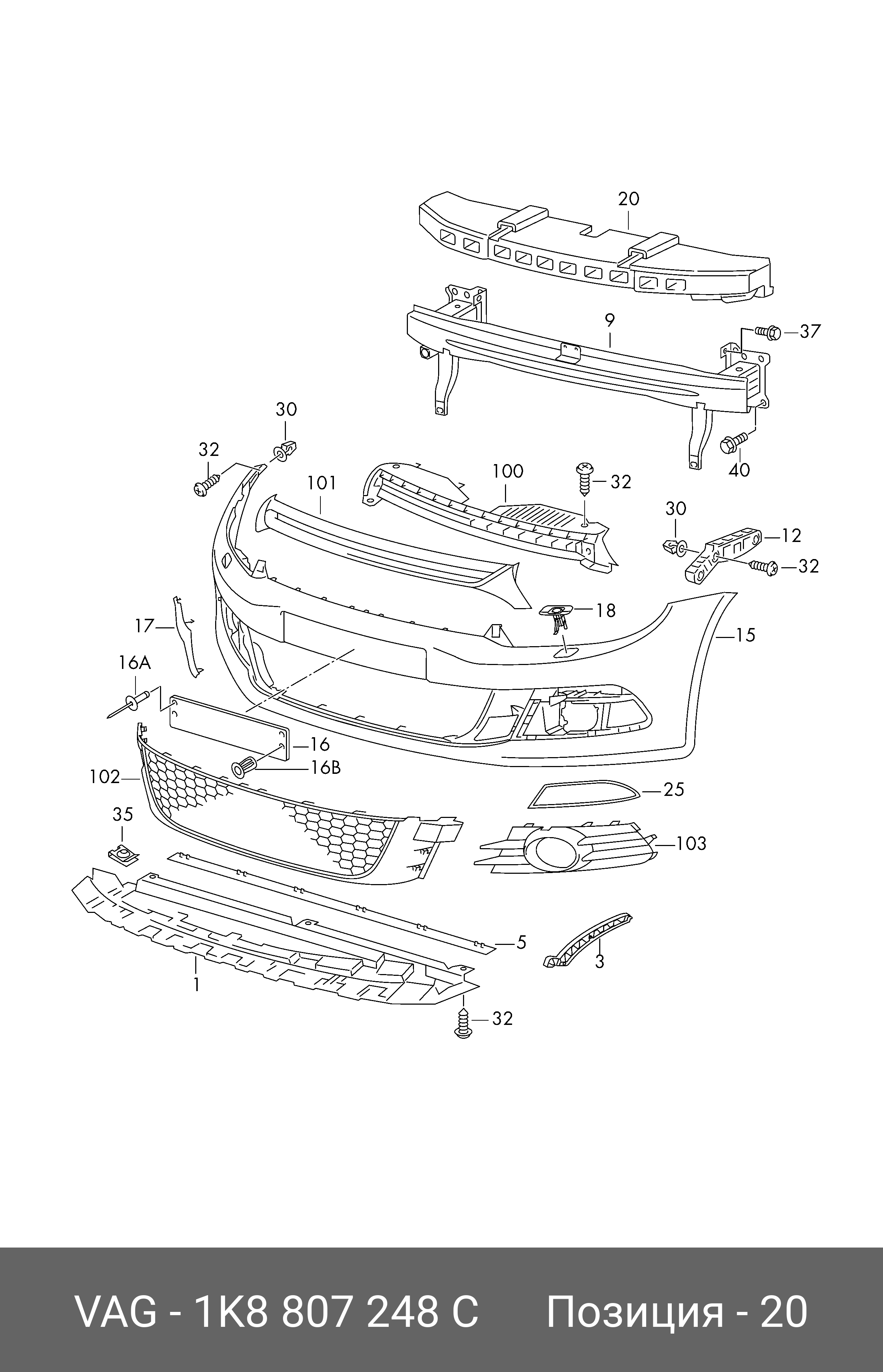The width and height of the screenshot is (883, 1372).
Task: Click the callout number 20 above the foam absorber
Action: click(x=628, y=199)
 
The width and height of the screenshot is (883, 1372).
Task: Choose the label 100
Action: click(x=507, y=471)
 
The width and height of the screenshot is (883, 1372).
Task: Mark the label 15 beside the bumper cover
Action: click(x=745, y=635)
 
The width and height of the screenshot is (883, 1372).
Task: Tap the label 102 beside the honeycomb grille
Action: click(x=105, y=777)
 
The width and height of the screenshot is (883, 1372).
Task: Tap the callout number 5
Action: click(x=521, y=942)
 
